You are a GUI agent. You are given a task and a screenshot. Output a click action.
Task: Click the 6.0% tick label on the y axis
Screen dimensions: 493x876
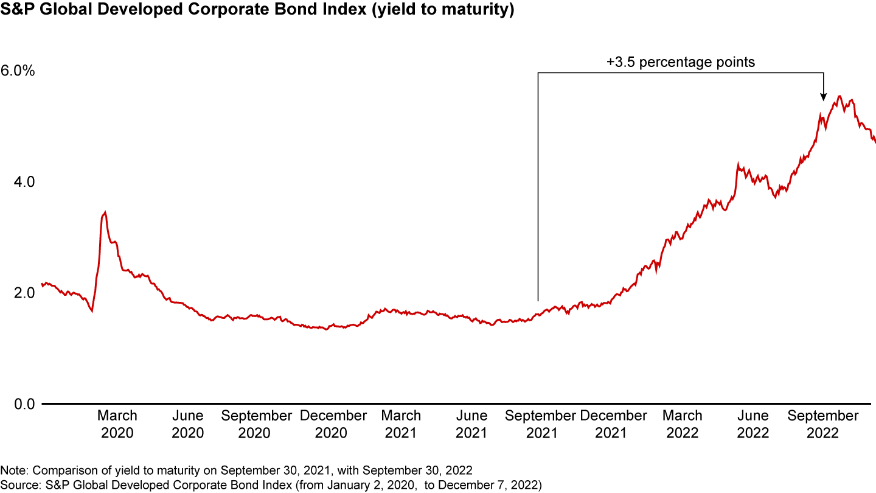click(18, 71)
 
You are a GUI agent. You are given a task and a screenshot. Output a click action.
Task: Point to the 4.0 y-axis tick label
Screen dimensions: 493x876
click(13, 181)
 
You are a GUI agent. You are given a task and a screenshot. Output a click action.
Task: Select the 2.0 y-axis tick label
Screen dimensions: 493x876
click(13, 293)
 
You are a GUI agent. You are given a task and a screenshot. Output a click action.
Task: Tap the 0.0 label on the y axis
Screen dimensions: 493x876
click(13, 404)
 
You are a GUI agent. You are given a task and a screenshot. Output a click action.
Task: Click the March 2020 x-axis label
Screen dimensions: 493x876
click(117, 424)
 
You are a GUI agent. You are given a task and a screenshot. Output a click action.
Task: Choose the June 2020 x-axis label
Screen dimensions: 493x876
click(187, 424)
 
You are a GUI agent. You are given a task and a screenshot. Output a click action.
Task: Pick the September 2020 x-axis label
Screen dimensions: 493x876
click(257, 424)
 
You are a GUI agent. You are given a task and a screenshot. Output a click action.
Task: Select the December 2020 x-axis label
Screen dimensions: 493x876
click(333, 424)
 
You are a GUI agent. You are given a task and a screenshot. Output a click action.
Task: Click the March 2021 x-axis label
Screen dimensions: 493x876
click(401, 424)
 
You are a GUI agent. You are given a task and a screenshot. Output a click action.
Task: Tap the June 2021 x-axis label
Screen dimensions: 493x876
click(471, 424)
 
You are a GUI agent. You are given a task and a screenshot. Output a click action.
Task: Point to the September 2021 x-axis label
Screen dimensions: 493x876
click(540, 424)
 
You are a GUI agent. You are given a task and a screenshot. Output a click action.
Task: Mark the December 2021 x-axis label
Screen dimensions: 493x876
click(613, 424)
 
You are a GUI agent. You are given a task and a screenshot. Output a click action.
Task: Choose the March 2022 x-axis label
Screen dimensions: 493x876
click(682, 424)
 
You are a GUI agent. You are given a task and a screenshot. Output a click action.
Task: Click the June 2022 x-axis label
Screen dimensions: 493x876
click(753, 424)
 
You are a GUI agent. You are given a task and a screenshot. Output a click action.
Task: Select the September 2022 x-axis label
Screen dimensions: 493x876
click(823, 424)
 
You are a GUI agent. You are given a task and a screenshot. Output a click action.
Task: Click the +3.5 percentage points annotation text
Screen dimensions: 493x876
click(680, 62)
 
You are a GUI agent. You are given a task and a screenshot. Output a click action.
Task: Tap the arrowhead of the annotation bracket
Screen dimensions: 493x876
click(823, 97)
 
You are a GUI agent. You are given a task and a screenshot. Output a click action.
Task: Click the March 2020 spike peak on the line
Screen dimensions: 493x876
click(105, 212)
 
